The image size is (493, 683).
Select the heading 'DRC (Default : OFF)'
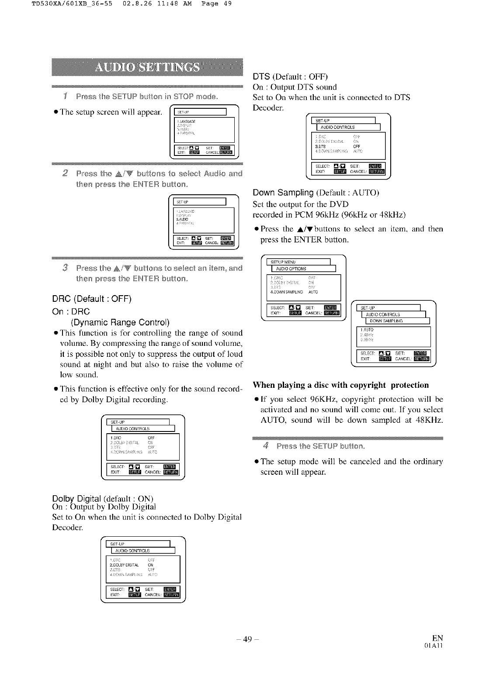point(91,299)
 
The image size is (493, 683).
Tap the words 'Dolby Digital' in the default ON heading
point(72,499)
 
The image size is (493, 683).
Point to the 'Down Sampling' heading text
point(283,193)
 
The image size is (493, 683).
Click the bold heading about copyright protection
point(341,385)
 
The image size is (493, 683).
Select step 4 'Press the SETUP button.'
point(320,446)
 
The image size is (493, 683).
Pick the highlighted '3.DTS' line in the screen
point(320,147)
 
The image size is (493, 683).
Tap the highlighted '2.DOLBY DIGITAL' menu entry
point(124,565)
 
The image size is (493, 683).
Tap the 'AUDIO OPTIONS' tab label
point(291,269)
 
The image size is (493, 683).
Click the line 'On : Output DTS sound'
point(295,87)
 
